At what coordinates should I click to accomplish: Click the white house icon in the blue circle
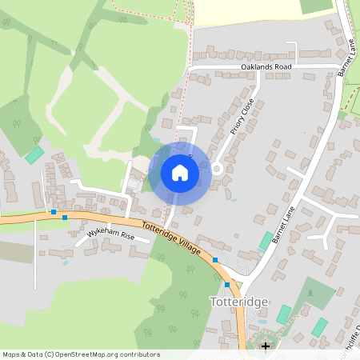pyautogui.click(x=180, y=173)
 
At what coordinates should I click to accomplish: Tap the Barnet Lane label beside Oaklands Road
pyautogui.click(x=346, y=57)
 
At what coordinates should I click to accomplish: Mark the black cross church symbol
pyautogui.click(x=266, y=346)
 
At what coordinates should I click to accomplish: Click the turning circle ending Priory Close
pyautogui.click(x=216, y=168)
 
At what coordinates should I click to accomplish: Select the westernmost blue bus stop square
pyautogui.click(x=54, y=212)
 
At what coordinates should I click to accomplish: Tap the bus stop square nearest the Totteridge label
pyautogui.click(x=227, y=284)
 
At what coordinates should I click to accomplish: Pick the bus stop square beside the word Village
pyautogui.click(x=215, y=260)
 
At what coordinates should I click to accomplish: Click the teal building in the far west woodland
pyautogui.click(x=34, y=154)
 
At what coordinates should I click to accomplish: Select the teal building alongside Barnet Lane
pyautogui.click(x=266, y=240)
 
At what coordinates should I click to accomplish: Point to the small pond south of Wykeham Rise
pyautogui.click(x=65, y=262)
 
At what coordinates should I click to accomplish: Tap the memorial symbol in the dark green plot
pyautogui.click(x=304, y=290)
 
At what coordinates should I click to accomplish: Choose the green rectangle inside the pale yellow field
pyautogui.click(x=316, y=6)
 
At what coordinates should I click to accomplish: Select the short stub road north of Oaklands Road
pyautogui.click(x=295, y=54)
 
